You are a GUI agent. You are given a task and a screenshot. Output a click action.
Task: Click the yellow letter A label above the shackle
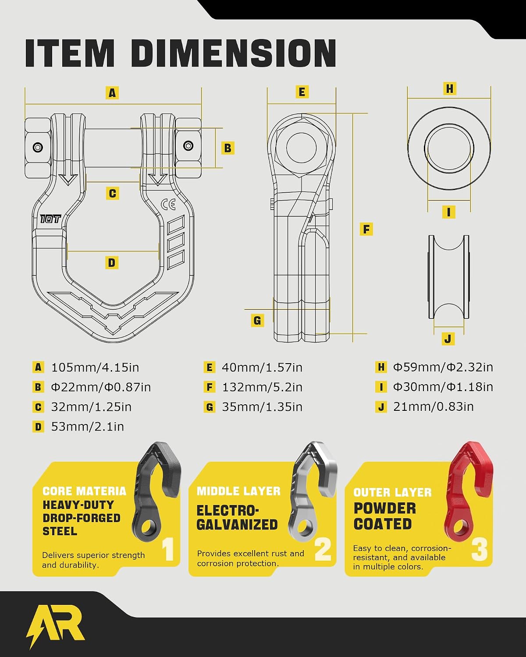112,92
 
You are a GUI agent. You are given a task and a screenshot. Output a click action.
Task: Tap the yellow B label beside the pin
227,148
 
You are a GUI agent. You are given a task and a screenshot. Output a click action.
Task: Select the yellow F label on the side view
366,229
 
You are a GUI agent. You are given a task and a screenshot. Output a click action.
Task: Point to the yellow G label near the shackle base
257,320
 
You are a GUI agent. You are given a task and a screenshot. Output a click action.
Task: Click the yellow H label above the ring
450,88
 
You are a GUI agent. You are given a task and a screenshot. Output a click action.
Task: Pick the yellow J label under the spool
448,339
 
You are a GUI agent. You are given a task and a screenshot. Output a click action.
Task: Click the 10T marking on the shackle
50,219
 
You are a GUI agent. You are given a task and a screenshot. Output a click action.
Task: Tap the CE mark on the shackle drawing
168,205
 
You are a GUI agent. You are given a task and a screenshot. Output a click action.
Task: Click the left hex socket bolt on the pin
38,148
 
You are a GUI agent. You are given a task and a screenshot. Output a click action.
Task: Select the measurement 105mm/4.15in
95,367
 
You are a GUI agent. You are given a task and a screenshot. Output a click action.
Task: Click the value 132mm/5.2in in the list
262,387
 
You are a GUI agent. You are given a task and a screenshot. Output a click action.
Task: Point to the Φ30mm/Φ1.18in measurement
443,387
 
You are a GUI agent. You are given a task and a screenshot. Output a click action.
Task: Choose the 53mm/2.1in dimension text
87,427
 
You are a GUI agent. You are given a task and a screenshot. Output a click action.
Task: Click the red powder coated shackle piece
468,492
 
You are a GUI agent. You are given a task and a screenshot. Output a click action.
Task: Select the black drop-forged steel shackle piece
156,491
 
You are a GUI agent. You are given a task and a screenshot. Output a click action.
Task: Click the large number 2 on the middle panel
323,550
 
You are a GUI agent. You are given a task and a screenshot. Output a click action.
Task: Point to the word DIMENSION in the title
234,53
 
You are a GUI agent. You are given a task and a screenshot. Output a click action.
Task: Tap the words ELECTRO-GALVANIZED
237,518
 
